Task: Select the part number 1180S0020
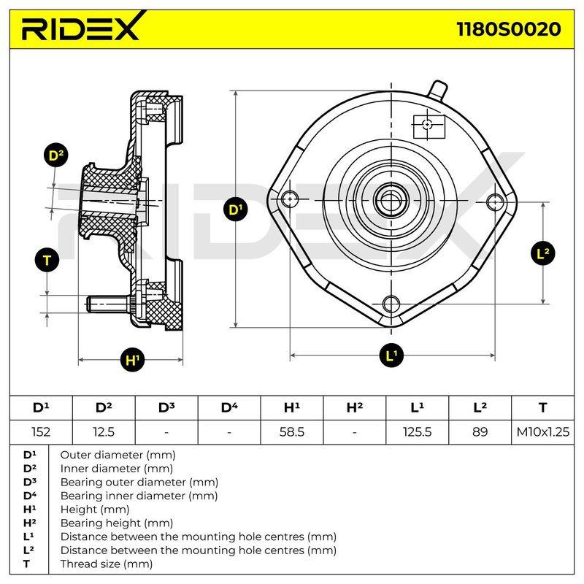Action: tap(508, 29)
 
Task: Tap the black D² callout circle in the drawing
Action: tap(56, 155)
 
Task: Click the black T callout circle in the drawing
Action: tap(47, 261)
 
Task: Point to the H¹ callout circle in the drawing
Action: tap(133, 360)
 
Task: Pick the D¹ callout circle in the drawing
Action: tap(236, 210)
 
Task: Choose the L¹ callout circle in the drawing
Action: tap(391, 356)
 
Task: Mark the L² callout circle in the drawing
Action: tap(543, 253)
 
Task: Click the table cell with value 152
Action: tap(41, 432)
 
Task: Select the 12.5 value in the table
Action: tap(104, 432)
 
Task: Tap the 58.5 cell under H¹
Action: tap(292, 432)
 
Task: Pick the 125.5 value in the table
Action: tap(417, 432)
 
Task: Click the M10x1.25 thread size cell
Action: tap(542, 432)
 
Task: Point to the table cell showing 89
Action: tap(480, 432)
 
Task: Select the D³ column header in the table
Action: tap(166, 408)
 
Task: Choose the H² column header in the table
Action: tap(355, 408)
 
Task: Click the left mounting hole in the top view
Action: tap(290, 199)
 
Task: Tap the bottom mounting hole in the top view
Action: tap(391, 304)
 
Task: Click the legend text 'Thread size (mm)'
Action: tap(107, 564)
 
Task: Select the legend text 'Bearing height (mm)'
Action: tap(117, 523)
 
